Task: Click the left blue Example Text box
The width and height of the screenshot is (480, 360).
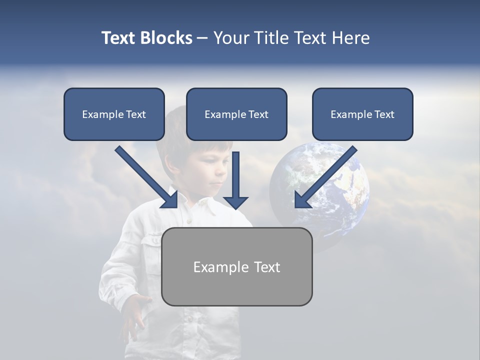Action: click(114, 114)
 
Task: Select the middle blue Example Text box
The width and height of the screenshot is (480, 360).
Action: click(236, 114)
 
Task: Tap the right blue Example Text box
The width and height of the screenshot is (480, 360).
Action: click(362, 114)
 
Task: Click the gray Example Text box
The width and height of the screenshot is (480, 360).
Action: click(236, 266)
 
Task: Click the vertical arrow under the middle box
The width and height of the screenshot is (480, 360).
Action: click(235, 180)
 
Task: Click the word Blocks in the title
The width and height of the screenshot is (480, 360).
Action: click(166, 38)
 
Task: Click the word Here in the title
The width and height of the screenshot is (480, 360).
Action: click(349, 38)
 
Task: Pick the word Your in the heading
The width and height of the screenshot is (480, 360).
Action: click(231, 38)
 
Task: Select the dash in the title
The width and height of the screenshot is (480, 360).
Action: click(202, 38)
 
